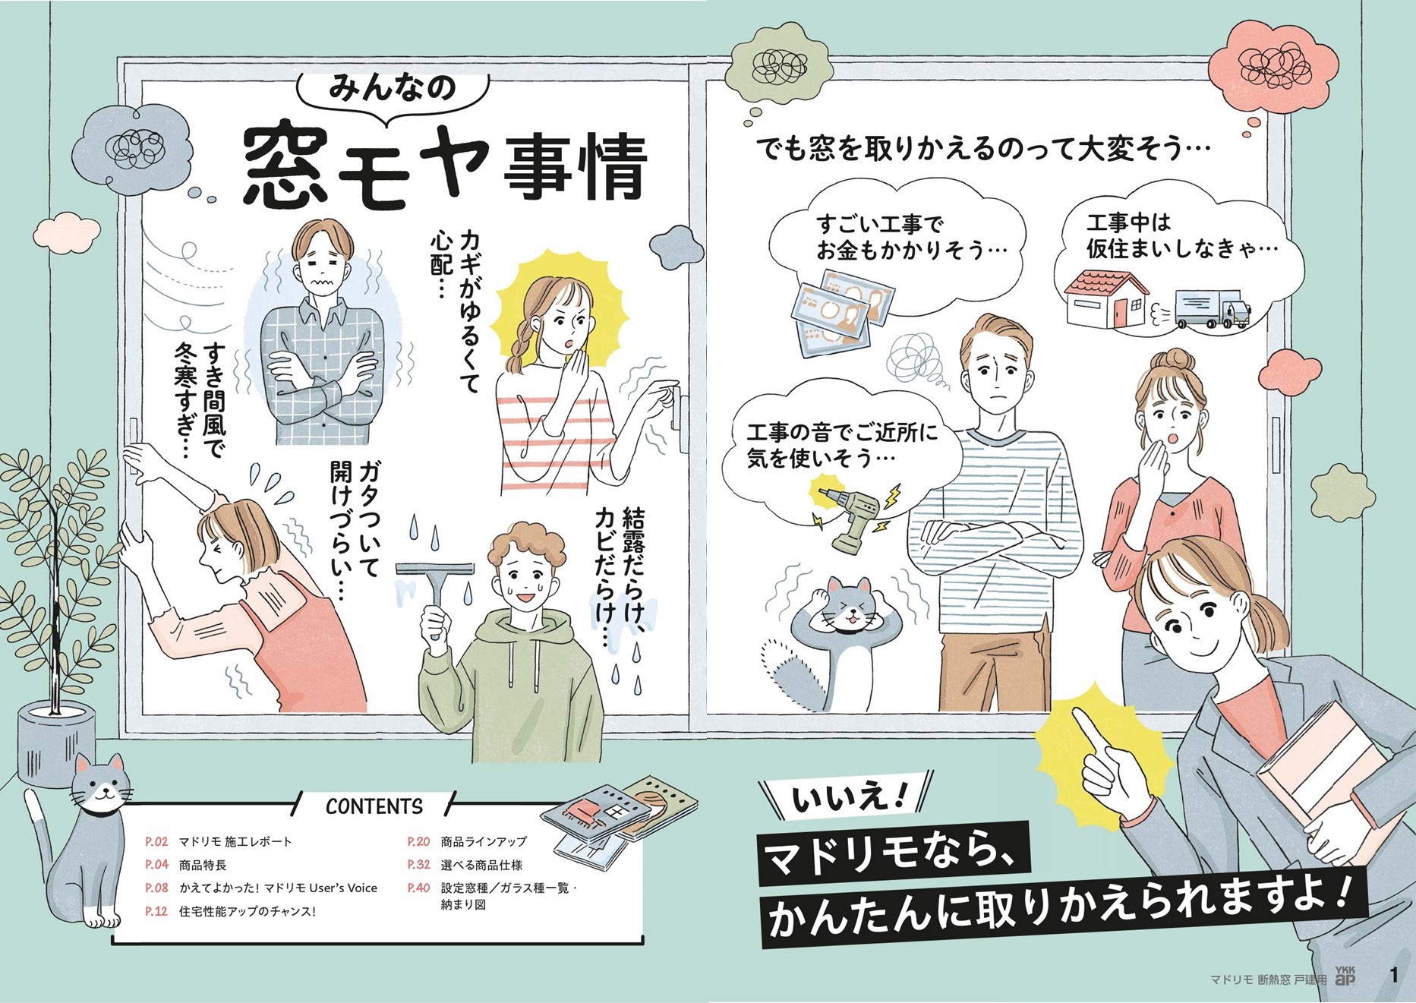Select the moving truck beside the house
click(x=1211, y=309)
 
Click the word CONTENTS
click(x=374, y=806)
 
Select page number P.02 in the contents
click(x=156, y=842)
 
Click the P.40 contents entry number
click(x=418, y=888)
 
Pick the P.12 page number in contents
click(x=156, y=911)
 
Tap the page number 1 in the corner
click(x=1394, y=976)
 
